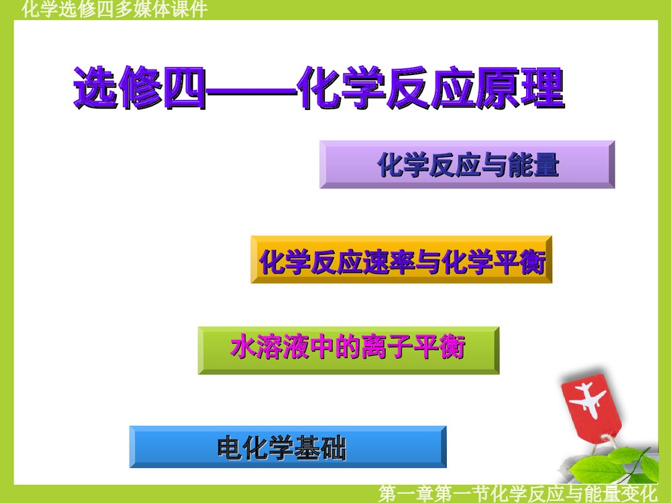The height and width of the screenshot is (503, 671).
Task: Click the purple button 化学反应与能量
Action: [x=467, y=164]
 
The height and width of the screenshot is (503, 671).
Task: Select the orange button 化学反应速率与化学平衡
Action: [x=401, y=260]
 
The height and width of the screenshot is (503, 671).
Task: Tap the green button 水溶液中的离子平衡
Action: [x=348, y=350]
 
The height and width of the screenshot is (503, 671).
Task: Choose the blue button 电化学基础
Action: [x=288, y=447]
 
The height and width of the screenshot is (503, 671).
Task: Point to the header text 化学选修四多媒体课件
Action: [x=114, y=9]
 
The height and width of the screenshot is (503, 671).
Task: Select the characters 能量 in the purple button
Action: [x=536, y=164]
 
